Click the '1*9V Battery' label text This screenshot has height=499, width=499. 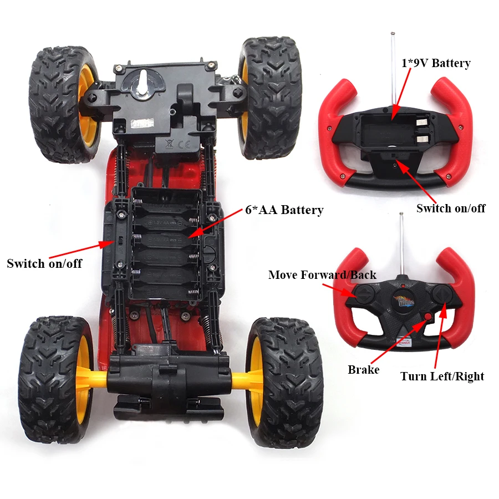(435, 63)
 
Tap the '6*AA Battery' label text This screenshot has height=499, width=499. (284, 210)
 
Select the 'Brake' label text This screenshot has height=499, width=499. (364, 370)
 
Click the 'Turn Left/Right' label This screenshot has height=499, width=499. (442, 376)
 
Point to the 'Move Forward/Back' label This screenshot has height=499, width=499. (322, 275)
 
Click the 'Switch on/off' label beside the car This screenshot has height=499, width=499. (44, 263)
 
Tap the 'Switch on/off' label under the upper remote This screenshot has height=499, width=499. (451, 208)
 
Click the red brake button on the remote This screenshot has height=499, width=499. (427, 317)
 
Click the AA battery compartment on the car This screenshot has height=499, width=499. (166, 245)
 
